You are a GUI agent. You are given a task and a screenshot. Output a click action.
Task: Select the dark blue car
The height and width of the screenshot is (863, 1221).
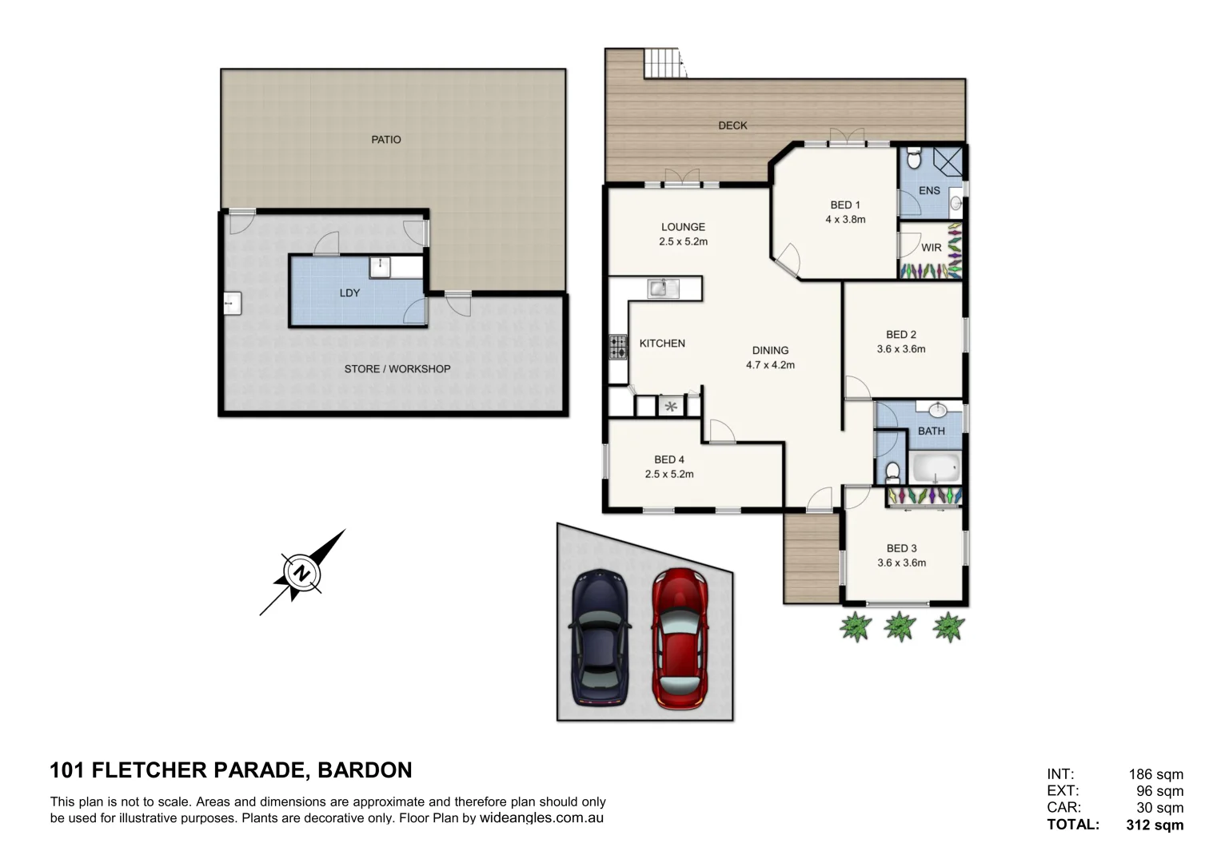[601, 638]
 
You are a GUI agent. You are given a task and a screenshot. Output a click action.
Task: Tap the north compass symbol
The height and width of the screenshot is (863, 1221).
[301, 573]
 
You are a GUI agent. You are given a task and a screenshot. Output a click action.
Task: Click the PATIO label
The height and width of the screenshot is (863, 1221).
[386, 140]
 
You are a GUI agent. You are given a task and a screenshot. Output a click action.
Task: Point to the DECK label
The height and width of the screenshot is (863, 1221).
[732, 125]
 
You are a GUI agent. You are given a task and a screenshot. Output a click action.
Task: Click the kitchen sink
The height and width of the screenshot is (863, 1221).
[663, 288]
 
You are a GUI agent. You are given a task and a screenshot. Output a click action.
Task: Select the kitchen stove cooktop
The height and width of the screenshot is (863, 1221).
[618, 347]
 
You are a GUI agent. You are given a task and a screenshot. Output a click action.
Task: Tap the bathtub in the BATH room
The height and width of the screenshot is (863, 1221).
[935, 468]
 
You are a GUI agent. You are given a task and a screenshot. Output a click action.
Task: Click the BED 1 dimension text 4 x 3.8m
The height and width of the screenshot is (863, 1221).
[845, 220]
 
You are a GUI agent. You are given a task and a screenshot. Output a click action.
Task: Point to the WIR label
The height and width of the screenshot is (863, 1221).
[931, 248]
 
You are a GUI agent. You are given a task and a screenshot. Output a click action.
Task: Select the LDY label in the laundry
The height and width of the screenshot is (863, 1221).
[349, 293]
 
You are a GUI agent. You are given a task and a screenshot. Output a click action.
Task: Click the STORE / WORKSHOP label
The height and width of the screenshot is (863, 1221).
[397, 369]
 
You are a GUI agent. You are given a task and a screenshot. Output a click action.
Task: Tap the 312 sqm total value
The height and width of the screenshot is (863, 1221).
[1155, 825]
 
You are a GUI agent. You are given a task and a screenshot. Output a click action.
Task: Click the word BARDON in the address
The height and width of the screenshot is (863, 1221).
[365, 770]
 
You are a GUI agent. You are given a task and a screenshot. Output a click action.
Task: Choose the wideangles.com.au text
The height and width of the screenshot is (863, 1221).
[541, 818]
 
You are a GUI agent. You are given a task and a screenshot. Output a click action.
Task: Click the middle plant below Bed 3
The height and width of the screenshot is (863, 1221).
[900, 626]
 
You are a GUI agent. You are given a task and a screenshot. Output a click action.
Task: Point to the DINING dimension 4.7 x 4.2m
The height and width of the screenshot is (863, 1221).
[770, 365]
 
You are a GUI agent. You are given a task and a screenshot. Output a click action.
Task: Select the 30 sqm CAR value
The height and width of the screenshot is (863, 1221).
[1159, 808]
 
